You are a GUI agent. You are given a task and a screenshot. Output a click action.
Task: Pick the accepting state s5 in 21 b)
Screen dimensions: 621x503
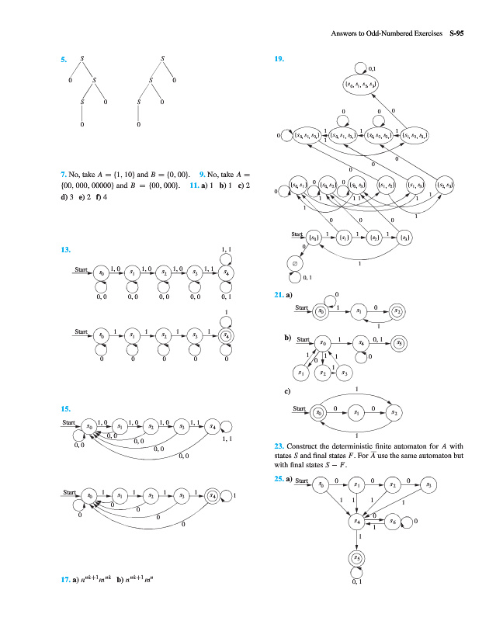tap(399, 342)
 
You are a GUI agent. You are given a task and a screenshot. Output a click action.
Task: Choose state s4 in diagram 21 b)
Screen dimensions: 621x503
tap(362, 342)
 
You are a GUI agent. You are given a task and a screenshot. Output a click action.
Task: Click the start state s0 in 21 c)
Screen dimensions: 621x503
tap(317, 412)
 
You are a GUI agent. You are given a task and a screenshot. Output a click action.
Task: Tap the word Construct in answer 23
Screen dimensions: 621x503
tap(304, 446)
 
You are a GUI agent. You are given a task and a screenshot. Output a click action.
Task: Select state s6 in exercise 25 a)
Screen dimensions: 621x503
tap(394, 522)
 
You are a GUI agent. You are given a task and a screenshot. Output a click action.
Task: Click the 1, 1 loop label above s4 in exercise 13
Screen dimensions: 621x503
tap(226, 250)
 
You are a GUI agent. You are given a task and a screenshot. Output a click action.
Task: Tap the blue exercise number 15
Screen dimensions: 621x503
tap(65, 408)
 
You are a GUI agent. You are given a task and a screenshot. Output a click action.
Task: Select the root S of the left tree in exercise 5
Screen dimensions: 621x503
tap(82, 59)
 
